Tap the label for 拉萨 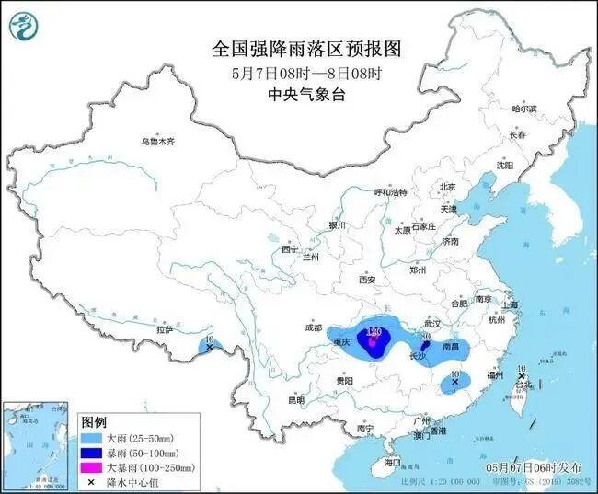(165, 328)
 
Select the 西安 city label (368, 279)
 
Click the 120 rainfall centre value (374, 330)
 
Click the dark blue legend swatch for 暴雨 (90, 453)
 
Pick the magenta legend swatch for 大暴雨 (90, 467)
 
